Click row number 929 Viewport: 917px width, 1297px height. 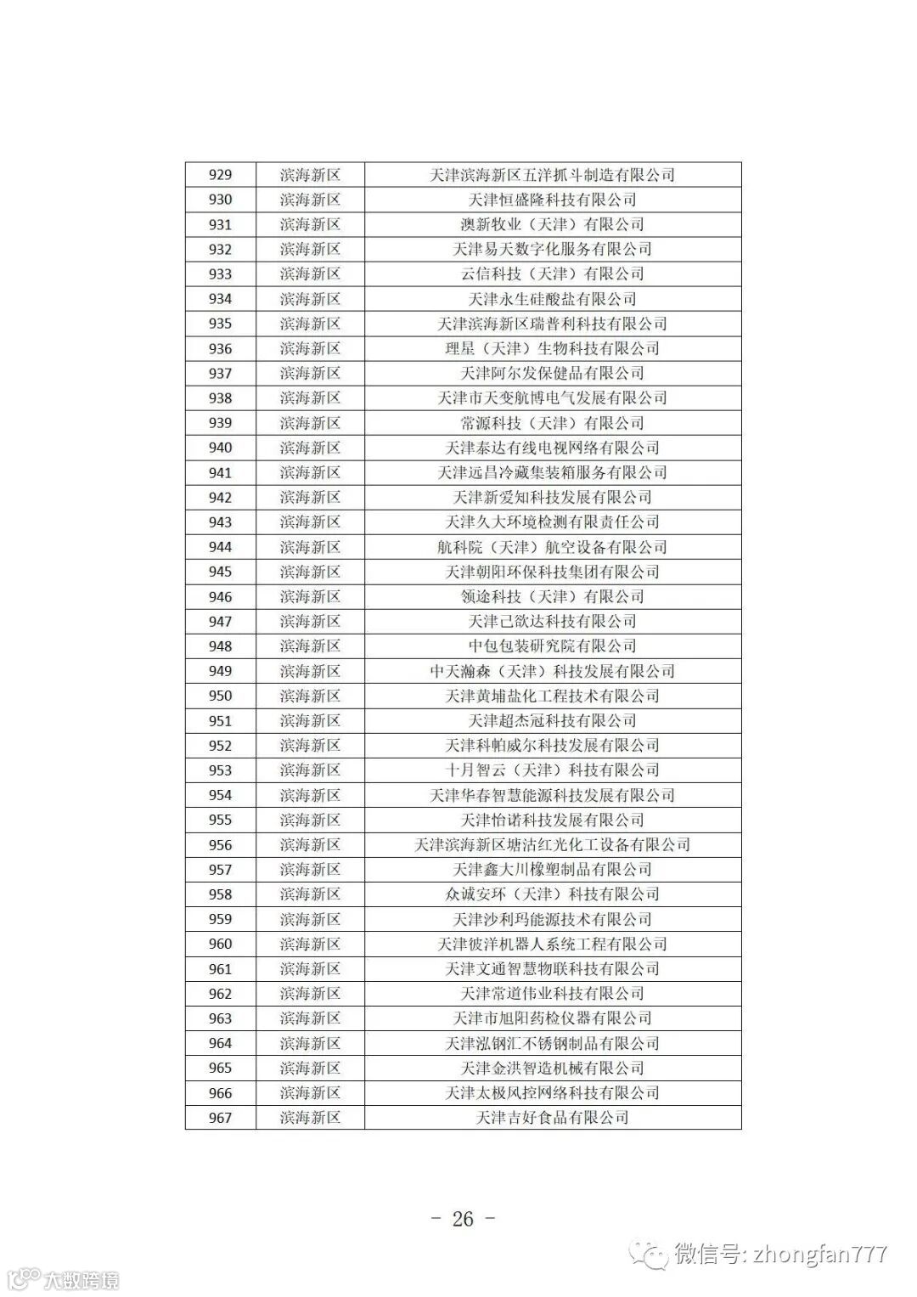220,175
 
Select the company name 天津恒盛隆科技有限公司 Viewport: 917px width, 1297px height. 552,200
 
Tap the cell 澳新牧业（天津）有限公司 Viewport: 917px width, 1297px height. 552,224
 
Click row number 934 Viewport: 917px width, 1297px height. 220,299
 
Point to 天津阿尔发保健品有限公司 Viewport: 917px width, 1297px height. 552,373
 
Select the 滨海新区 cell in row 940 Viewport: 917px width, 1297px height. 310,448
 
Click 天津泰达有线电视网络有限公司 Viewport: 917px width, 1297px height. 552,448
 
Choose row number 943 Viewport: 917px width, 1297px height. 220,522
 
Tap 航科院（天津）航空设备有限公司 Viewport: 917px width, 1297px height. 552,547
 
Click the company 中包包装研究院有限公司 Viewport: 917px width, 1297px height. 552,646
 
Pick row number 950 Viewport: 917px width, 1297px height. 220,696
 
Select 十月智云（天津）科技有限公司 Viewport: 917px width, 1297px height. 552,770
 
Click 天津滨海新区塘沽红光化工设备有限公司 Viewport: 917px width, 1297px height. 552,845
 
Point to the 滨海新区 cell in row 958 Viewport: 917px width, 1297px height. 310,894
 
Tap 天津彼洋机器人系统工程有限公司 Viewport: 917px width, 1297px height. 552,944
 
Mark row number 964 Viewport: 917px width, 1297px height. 220,1043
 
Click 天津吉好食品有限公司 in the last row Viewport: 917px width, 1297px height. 552,1118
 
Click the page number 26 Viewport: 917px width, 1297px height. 463,1219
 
